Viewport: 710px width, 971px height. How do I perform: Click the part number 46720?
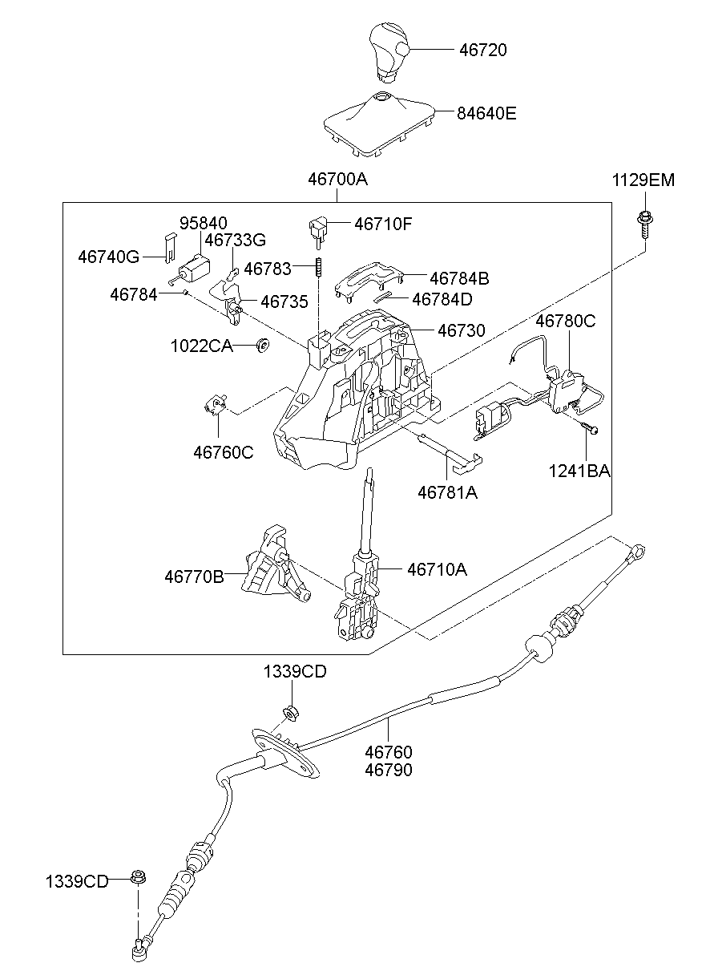pyautogui.click(x=482, y=50)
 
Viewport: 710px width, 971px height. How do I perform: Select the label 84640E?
pyautogui.click(x=486, y=113)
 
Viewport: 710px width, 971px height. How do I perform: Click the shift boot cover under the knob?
pyautogui.click(x=379, y=124)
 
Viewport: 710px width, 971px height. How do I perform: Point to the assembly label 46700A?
pyautogui.click(x=337, y=180)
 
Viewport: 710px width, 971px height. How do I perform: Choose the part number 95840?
pyautogui.click(x=203, y=223)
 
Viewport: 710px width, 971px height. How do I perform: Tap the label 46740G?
pyautogui.click(x=109, y=257)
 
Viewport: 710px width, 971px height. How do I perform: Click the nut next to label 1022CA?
pyautogui.click(x=261, y=345)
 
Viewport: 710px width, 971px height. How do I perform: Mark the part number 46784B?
pyautogui.click(x=459, y=278)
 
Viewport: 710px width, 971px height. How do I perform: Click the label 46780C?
pyautogui.click(x=566, y=321)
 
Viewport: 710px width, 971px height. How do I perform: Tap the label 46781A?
pyautogui.click(x=447, y=492)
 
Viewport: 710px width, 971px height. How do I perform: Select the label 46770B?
pyautogui.click(x=195, y=576)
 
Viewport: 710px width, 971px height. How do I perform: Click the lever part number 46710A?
pyautogui.click(x=437, y=569)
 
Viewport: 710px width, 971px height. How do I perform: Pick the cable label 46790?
pyautogui.click(x=389, y=770)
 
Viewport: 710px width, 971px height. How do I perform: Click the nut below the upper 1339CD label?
pyautogui.click(x=290, y=712)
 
